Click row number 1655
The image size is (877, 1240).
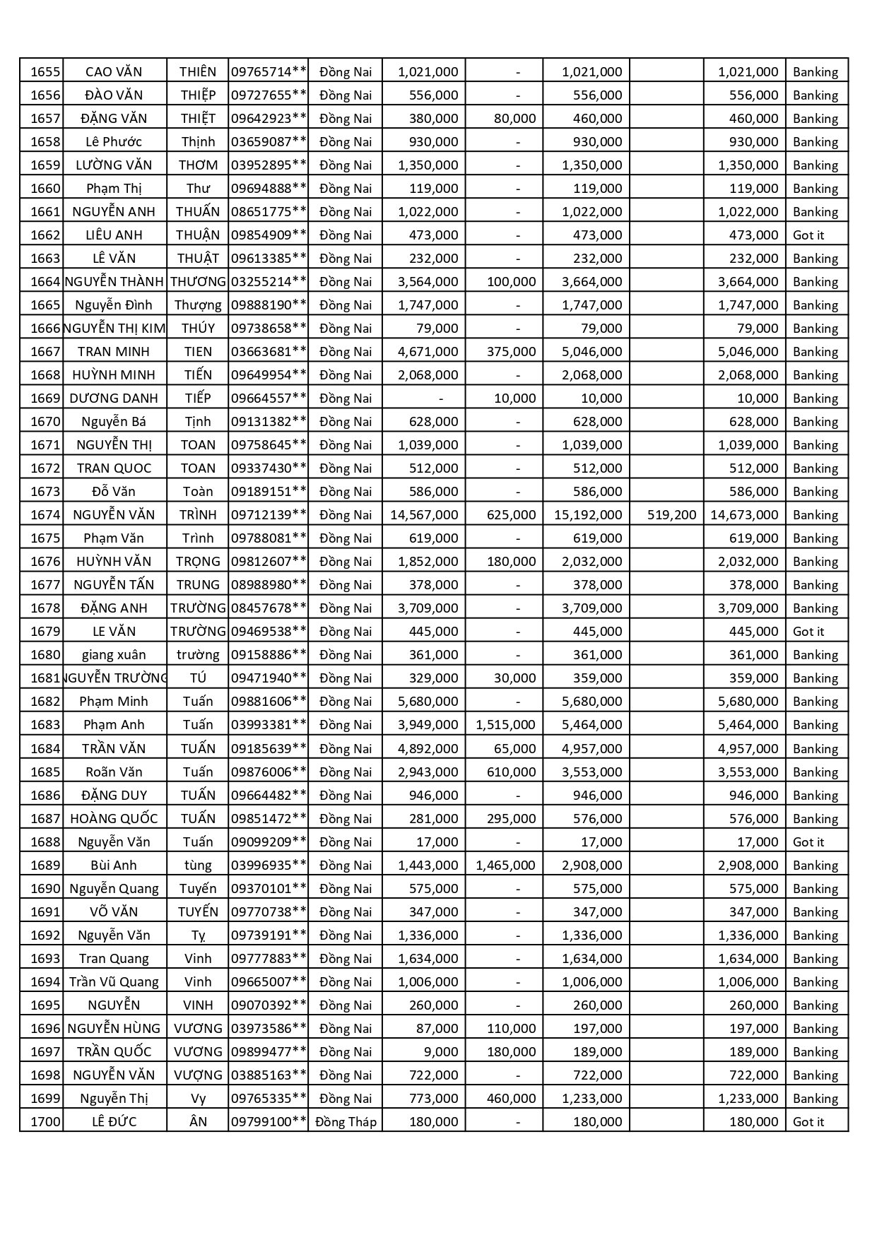click(x=45, y=71)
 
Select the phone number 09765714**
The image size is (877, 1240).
click(x=269, y=71)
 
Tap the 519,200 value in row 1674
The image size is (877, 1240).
click(x=671, y=514)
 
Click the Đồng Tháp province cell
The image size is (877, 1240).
click(x=346, y=1121)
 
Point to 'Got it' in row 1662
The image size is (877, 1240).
click(x=808, y=235)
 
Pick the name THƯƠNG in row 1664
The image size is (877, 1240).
click(x=198, y=281)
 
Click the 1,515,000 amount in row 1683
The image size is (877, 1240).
click(x=505, y=724)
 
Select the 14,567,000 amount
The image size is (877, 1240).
click(x=424, y=514)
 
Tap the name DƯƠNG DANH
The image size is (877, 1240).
click(x=114, y=398)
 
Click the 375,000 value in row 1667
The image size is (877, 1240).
click(x=511, y=351)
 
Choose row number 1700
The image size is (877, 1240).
click(x=45, y=1121)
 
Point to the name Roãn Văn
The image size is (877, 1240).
click(x=114, y=772)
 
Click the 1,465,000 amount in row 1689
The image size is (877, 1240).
click(x=505, y=865)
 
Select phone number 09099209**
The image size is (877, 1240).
click(x=269, y=842)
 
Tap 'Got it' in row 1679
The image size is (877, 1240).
click(x=808, y=631)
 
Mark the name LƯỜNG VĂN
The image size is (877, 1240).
click(x=114, y=165)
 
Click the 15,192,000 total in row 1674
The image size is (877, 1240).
click(x=588, y=514)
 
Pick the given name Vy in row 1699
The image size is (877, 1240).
click(x=198, y=1098)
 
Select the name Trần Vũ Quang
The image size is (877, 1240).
click(x=114, y=981)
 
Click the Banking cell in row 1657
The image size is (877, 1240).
click(x=815, y=118)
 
